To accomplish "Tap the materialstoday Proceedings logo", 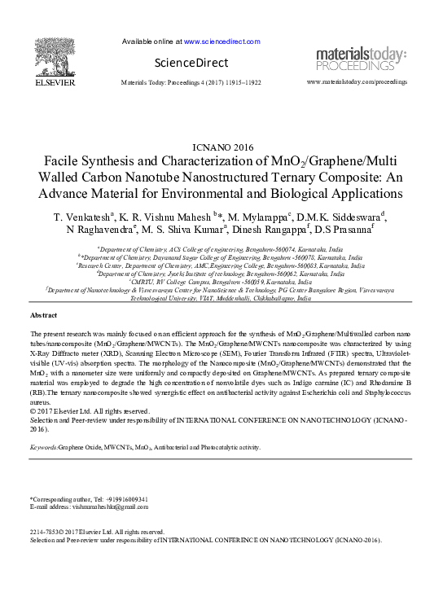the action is click(x=361, y=59).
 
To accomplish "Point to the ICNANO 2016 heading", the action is click(x=221, y=148).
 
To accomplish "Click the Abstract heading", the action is click(x=43, y=315).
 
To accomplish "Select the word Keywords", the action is click(x=44, y=448).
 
